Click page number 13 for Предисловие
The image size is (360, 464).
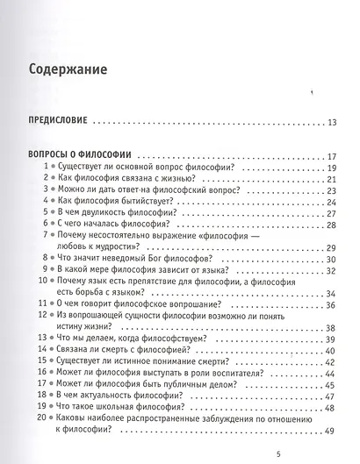pyautogui.click(x=330, y=122)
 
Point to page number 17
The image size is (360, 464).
pyautogui.click(x=331, y=156)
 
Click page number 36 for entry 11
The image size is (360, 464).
pyautogui.click(x=331, y=304)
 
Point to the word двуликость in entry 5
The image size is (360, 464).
pyautogui.click(x=108, y=213)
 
